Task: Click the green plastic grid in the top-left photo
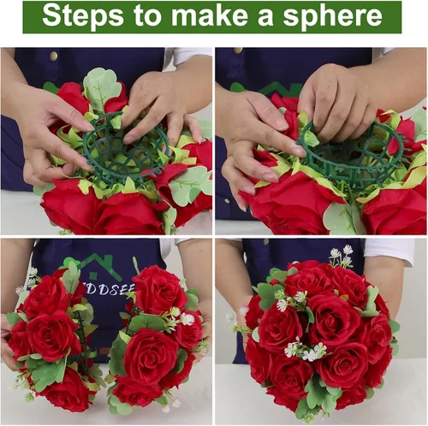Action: [x=128, y=159]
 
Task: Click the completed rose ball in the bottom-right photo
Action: [x=317, y=338]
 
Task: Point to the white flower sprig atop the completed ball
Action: [x=342, y=253]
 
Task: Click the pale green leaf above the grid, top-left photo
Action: [x=102, y=86]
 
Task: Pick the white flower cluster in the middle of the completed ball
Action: [x=305, y=351]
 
